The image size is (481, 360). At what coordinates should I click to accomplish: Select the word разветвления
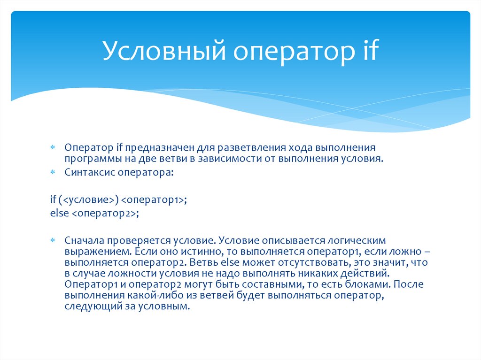tap(239, 148)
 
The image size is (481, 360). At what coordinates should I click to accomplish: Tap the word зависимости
tap(238, 159)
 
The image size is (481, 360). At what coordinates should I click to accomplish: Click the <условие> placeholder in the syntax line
tap(89, 200)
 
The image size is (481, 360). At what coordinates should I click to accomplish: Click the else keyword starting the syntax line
tap(58, 213)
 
